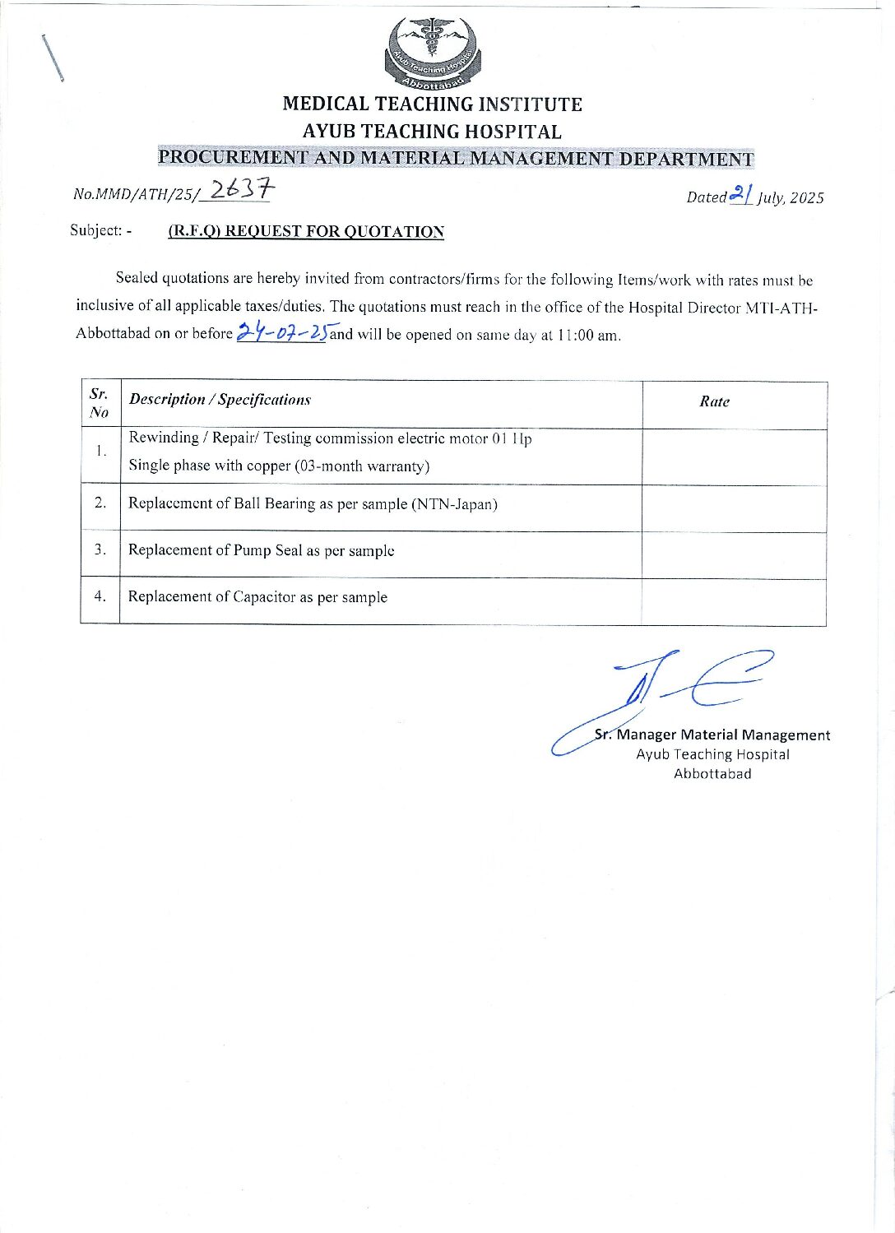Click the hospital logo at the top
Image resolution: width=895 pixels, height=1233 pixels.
coord(433,53)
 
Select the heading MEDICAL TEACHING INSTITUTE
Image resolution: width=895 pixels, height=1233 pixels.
coord(432,104)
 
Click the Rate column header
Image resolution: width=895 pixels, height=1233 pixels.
coord(714,401)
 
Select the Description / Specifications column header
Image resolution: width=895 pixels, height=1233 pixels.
coord(220,400)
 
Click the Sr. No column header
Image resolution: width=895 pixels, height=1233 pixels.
coord(100,402)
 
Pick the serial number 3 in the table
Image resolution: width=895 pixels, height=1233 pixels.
coord(100,549)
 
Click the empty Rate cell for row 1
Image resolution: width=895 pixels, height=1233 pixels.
coord(734,457)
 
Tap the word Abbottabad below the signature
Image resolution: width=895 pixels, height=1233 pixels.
coord(712,773)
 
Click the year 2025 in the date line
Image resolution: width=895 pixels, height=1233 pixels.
coord(807,197)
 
